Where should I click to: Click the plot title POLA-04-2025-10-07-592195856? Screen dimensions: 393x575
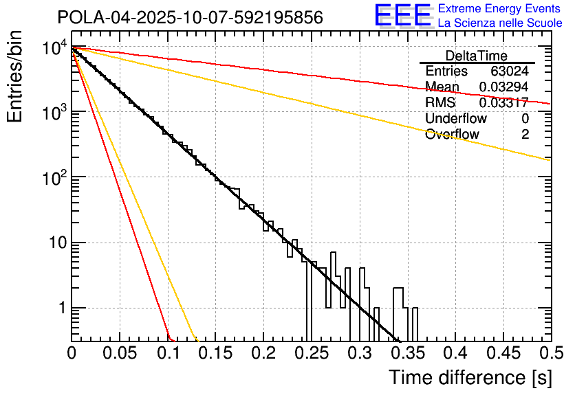coord(190,18)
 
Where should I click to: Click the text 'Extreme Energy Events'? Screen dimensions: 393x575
coord(500,9)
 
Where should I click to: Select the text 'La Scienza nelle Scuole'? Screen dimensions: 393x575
coord(500,23)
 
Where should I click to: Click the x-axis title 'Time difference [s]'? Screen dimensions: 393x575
coord(469,377)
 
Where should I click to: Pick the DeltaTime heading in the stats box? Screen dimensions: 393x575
coord(476,56)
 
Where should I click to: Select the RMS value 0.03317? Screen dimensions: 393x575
coord(503,102)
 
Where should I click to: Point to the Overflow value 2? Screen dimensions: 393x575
coord(525,134)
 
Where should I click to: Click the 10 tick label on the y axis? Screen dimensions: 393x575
coord(54,243)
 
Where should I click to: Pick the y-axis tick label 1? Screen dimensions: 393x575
coord(60,308)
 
